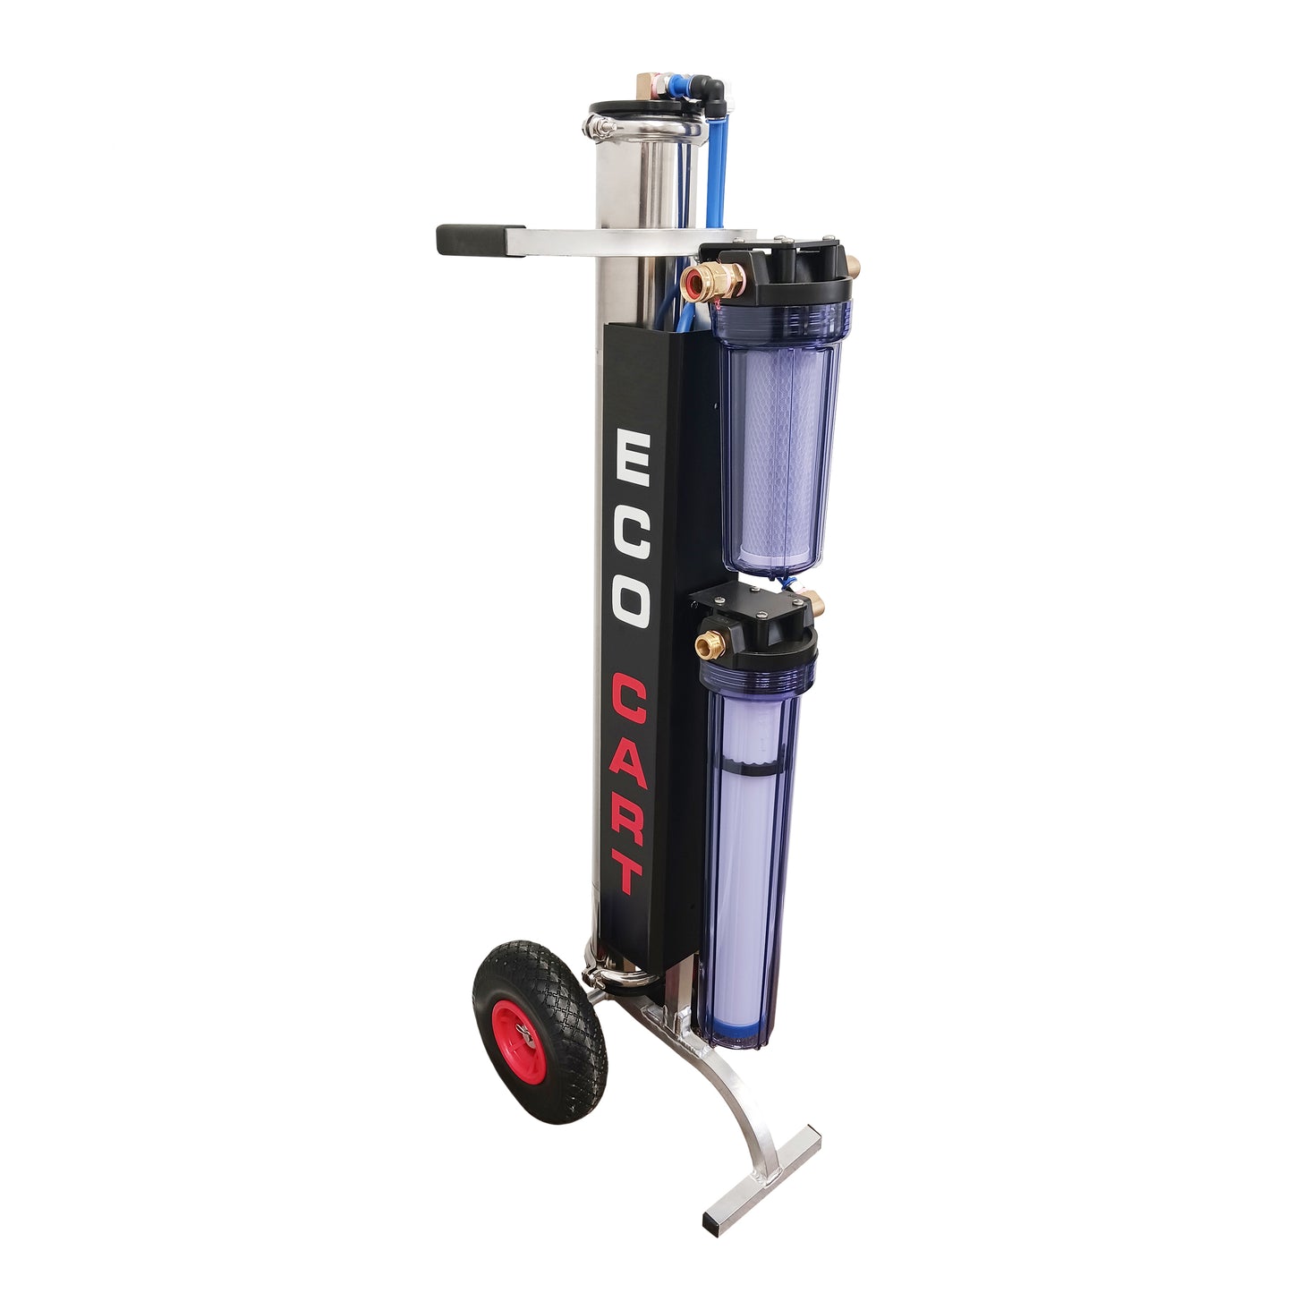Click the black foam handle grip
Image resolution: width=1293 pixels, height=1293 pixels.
pos(471,239)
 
